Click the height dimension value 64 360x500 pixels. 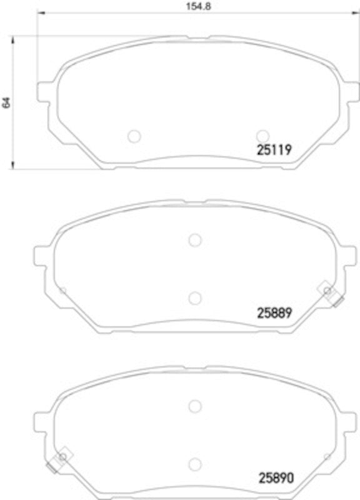7,102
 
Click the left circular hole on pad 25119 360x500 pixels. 134,136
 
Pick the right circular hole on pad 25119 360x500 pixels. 262,136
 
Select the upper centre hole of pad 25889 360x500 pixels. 194,239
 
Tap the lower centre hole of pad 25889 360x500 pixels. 194,297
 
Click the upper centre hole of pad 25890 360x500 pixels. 194,405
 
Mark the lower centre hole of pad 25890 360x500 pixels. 194,463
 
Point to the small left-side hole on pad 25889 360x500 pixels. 62,289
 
